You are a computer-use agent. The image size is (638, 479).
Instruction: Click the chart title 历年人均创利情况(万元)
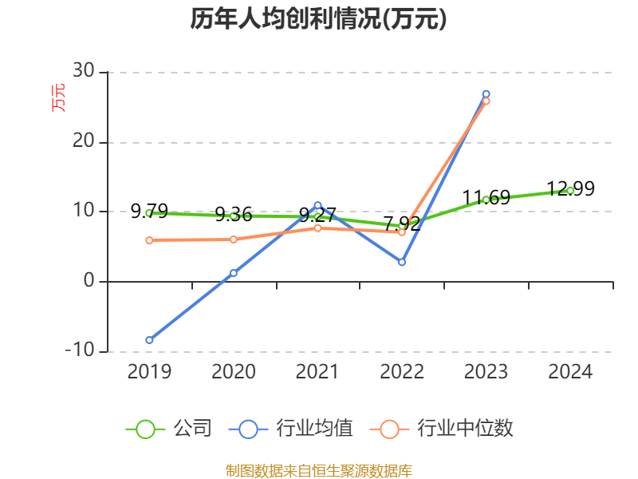click(x=318, y=19)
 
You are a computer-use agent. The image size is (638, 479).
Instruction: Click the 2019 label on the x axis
click(x=149, y=372)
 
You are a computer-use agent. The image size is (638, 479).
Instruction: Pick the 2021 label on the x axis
click(x=317, y=372)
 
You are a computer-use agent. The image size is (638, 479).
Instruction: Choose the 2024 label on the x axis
click(x=570, y=372)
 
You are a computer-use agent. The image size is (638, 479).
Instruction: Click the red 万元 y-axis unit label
click(x=59, y=97)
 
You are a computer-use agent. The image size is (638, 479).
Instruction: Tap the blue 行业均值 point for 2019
click(x=149, y=340)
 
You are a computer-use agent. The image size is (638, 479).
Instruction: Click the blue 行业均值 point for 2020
click(x=234, y=273)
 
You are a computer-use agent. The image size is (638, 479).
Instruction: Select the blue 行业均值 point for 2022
click(x=402, y=262)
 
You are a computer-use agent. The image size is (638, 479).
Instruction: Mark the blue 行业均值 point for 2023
click(x=486, y=94)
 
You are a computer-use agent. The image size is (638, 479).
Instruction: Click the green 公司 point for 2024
click(x=570, y=190)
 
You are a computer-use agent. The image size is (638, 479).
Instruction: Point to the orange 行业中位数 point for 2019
click(x=149, y=240)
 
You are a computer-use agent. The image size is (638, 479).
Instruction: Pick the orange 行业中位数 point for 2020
click(x=234, y=239)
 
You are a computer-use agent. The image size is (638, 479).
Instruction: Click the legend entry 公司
click(x=170, y=429)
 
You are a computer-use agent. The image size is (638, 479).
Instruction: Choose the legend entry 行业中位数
click(x=442, y=429)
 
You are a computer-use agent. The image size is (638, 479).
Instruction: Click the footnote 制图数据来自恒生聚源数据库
click(x=318, y=470)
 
